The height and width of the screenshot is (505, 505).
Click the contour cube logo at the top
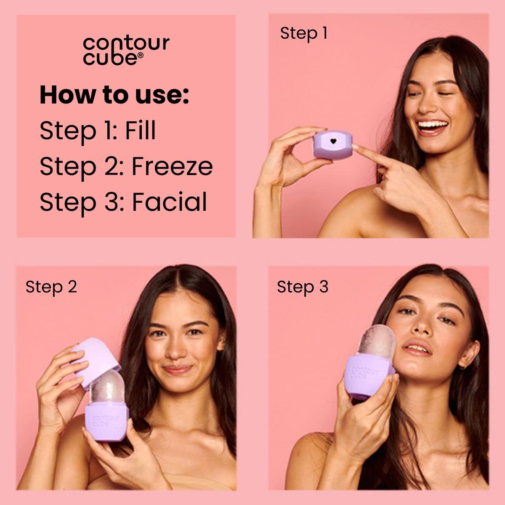click(126, 50)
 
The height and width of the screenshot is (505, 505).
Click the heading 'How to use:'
click(114, 95)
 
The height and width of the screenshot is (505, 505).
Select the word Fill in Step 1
click(140, 130)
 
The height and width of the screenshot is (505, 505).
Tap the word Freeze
click(172, 166)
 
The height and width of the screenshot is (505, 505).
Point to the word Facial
click(170, 202)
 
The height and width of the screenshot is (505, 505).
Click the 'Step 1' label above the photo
click(303, 33)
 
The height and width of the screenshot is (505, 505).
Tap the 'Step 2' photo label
click(51, 287)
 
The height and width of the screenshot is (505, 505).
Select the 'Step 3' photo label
click(302, 287)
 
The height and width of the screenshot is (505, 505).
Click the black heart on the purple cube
click(333, 141)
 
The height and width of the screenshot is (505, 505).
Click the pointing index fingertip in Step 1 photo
click(355, 147)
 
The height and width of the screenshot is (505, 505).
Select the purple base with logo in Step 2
click(106, 421)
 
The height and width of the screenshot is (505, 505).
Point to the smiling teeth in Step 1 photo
click(432, 125)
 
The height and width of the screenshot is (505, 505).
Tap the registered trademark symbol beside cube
click(141, 55)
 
